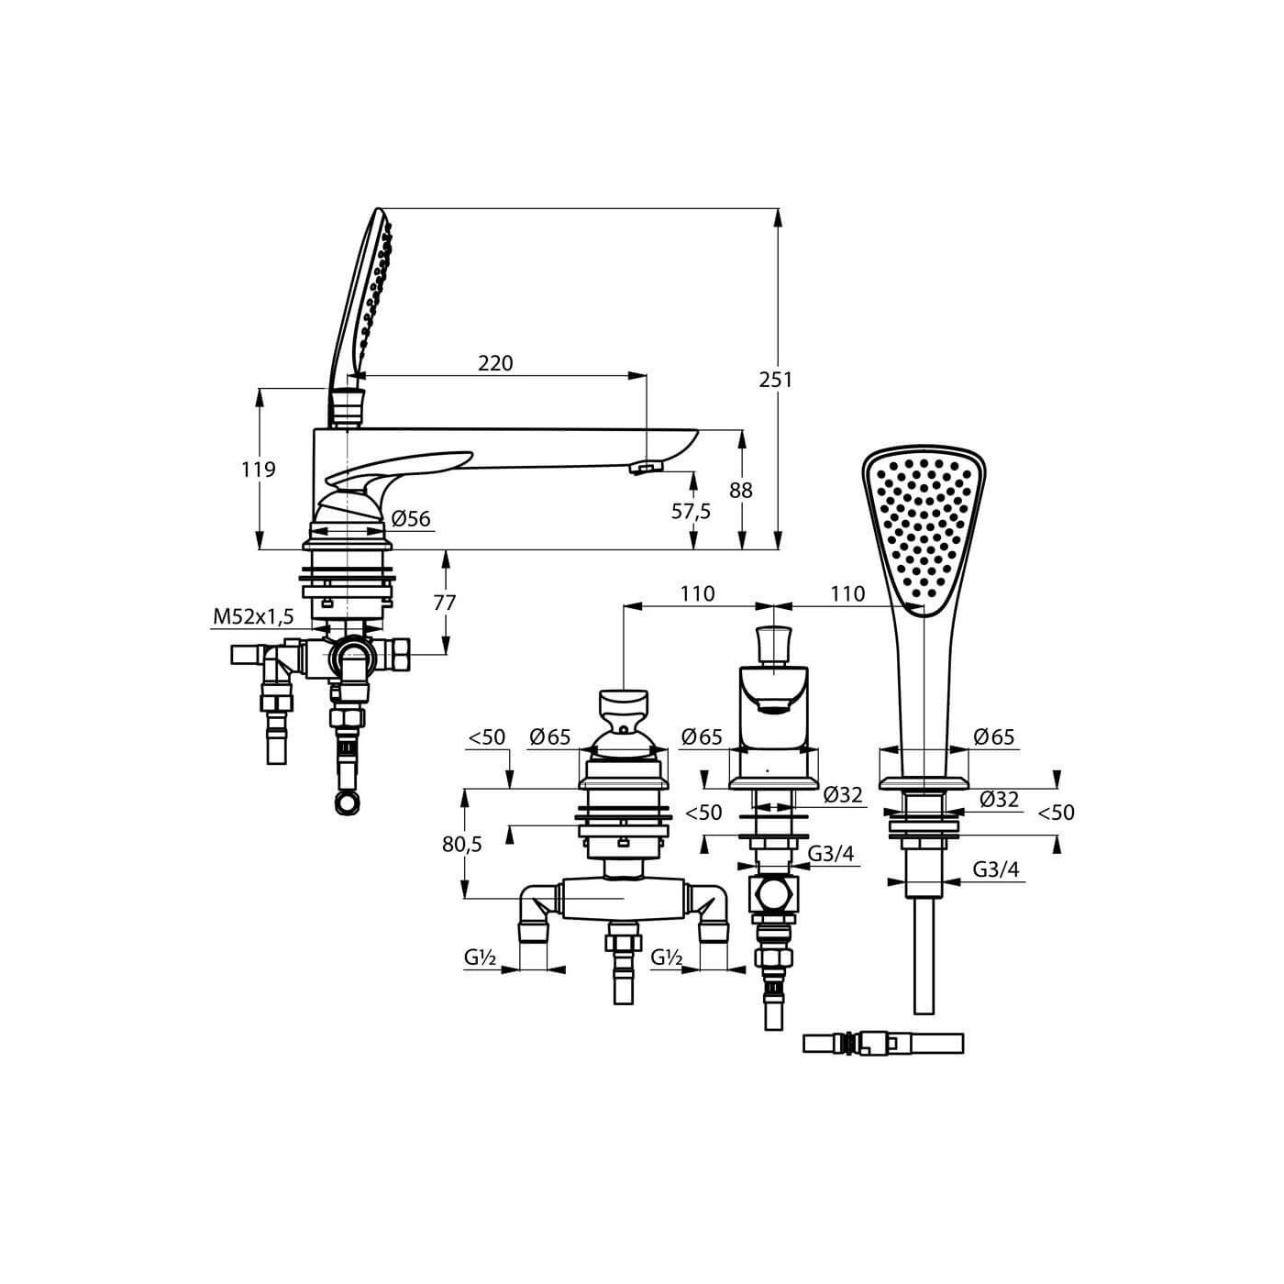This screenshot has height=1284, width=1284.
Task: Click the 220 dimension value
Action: [x=495, y=363]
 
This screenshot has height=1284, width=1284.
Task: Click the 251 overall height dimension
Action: [x=776, y=380]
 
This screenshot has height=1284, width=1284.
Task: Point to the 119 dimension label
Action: [x=258, y=470]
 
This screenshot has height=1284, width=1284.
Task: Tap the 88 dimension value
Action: [x=740, y=491]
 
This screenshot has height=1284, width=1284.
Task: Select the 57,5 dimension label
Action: [x=691, y=512]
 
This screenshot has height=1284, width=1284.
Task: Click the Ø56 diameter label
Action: [x=411, y=518]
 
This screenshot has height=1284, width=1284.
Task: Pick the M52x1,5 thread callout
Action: [x=253, y=617]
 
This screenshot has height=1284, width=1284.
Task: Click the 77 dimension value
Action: [x=445, y=603]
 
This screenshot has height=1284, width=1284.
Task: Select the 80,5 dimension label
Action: [x=461, y=844]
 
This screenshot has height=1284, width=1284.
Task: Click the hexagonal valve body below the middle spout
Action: [x=773, y=894]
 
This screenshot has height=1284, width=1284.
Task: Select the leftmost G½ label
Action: [x=480, y=957]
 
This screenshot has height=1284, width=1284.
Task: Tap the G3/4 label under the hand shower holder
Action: [x=996, y=869]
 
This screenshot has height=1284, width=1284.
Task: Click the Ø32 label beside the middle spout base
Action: [x=843, y=794]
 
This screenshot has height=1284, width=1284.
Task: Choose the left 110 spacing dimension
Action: [x=697, y=593]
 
